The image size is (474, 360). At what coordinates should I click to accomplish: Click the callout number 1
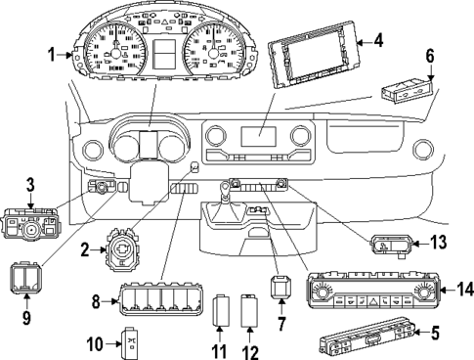[52, 55]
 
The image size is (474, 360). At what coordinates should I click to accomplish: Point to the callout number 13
[439, 244]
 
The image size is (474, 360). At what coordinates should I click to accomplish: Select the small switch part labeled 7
[280, 289]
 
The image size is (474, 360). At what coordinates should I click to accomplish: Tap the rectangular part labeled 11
[221, 311]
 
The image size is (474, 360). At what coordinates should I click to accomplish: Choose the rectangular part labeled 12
[248, 312]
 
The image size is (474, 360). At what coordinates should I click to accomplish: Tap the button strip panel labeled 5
[367, 341]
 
